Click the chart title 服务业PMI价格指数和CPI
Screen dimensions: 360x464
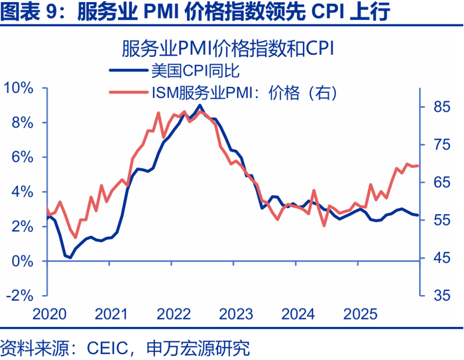231,48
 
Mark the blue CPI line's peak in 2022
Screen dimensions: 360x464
201,105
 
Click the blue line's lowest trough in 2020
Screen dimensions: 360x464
70,257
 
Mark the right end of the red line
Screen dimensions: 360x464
418,166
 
